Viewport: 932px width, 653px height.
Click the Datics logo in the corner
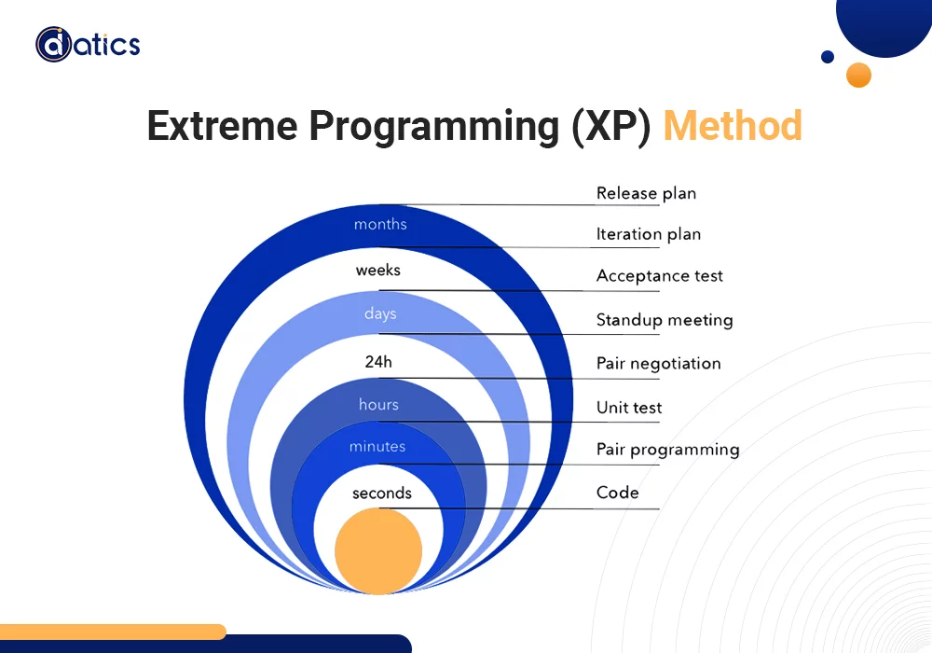[88, 44]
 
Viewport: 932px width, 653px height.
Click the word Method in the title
[733, 126]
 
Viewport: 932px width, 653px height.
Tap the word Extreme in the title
[220, 126]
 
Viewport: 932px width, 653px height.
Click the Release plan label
[646, 194]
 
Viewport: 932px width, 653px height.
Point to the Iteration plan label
[648, 235]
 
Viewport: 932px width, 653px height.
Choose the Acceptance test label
[659, 276]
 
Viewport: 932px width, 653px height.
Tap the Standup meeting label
[664, 320]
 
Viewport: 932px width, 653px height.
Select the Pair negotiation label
[658, 364]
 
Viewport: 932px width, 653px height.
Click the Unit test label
[629, 408]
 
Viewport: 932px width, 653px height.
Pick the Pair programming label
[667, 450]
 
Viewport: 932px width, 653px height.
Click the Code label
[617, 493]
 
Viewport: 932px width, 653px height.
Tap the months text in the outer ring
[380, 225]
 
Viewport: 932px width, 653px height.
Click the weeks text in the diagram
[377, 271]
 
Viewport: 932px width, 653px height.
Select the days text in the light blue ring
[380, 314]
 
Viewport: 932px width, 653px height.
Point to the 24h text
[378, 362]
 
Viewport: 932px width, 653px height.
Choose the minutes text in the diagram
[377, 447]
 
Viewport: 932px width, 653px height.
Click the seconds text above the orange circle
[381, 493]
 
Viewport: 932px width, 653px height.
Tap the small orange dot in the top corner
[858, 75]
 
